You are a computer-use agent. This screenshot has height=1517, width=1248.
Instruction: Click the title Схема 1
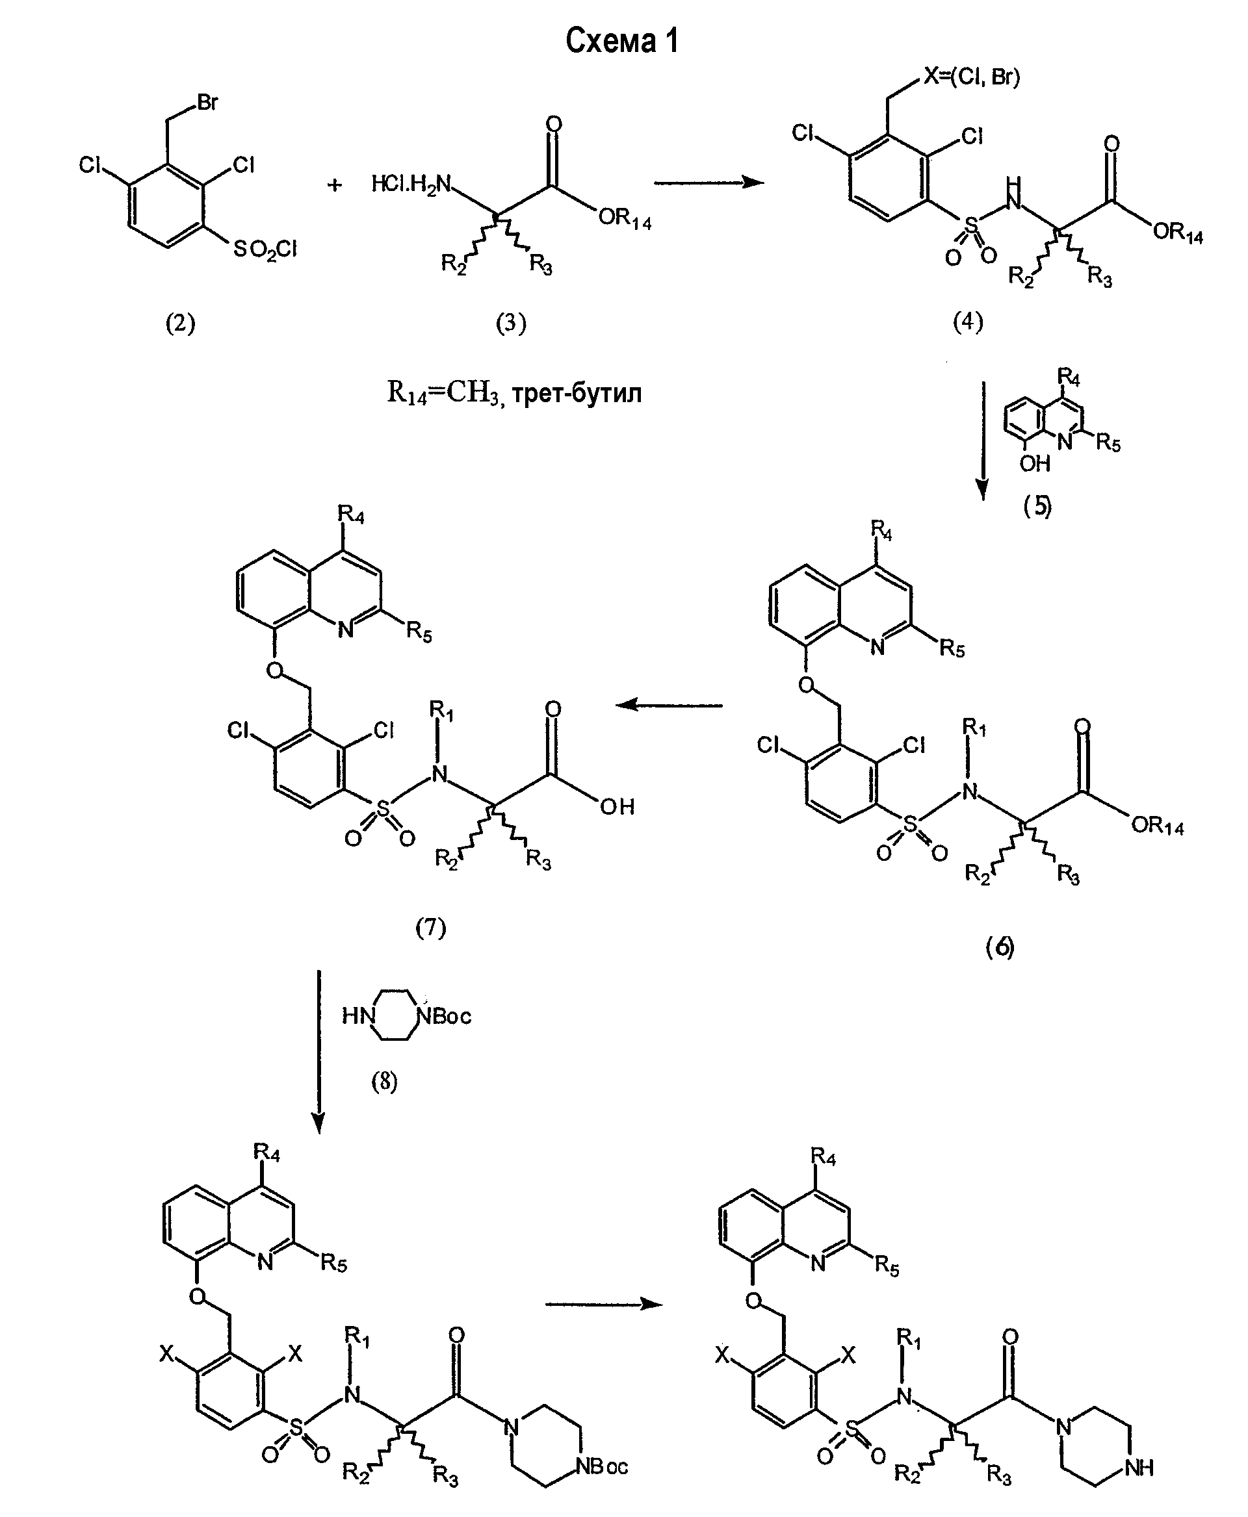622,42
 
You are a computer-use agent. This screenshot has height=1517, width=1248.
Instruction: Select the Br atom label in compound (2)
207,103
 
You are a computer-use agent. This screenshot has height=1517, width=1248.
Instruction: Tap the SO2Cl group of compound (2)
265,250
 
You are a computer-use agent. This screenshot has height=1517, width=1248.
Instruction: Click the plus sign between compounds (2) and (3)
334,185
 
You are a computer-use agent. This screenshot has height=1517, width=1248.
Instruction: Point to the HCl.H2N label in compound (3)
411,185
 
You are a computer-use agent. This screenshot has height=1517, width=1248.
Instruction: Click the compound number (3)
511,324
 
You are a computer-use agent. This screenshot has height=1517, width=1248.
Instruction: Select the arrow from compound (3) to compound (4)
709,183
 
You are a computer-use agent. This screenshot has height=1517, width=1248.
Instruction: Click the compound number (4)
968,322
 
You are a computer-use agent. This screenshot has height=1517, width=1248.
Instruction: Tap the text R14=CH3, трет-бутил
514,393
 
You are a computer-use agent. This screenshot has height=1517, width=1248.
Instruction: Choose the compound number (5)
1037,507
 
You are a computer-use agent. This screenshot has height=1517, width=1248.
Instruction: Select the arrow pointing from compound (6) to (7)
669,705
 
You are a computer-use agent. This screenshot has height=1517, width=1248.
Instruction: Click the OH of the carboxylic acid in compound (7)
617,806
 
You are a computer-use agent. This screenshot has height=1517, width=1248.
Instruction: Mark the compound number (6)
999,947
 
